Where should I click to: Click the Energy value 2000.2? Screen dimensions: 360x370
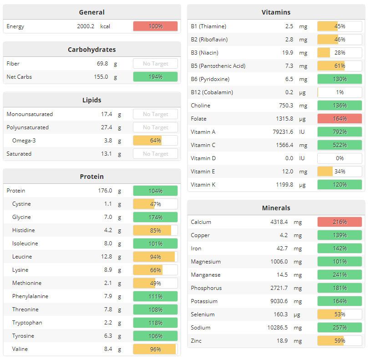[x=86, y=26]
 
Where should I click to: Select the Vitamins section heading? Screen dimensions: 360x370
[x=276, y=12]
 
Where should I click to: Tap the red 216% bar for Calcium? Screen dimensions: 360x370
[x=340, y=222]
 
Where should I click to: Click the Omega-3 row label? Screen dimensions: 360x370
[x=24, y=141]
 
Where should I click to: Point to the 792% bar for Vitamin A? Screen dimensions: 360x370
[x=340, y=132]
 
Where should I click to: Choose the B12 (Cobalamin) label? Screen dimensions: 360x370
[x=212, y=92]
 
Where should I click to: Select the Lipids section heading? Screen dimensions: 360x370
[x=91, y=100]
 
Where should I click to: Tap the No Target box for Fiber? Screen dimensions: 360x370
[x=155, y=64]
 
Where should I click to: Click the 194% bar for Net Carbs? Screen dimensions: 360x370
[x=155, y=77]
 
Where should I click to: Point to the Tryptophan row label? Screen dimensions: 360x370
[x=27, y=323]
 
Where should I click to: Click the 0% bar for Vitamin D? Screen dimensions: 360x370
[x=340, y=158]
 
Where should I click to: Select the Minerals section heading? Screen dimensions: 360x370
[x=276, y=208]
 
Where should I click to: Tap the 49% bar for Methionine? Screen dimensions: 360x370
[x=155, y=283]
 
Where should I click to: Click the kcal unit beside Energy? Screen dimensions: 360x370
[x=105, y=26]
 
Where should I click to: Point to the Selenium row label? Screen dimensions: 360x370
[x=203, y=314]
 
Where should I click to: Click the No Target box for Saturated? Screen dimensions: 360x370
[x=155, y=154]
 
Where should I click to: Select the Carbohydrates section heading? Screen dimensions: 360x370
[x=91, y=50]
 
